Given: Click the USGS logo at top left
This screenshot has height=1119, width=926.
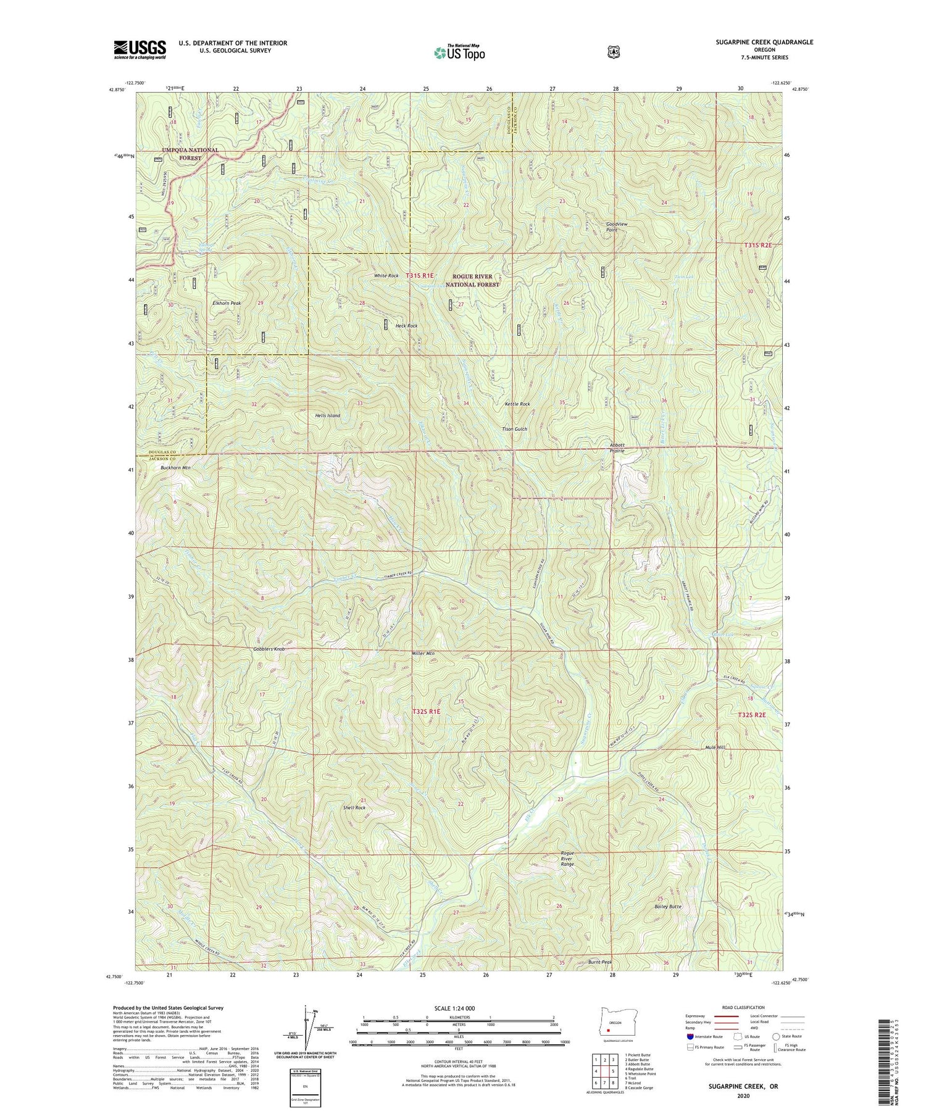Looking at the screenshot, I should point(140,49).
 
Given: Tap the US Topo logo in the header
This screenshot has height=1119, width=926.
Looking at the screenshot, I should point(459,52).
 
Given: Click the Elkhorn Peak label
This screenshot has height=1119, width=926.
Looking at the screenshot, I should point(227,303).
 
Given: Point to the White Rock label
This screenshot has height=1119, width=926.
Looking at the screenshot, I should point(386,275).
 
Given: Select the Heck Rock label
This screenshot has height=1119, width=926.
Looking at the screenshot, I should point(406,325).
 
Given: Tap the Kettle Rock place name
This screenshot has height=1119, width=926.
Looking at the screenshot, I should point(517,404).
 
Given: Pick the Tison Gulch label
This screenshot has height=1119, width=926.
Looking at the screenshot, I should point(514,428).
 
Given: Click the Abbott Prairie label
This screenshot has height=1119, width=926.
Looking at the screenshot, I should point(617,447).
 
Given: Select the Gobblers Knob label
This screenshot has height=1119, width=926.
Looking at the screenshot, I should point(269,649).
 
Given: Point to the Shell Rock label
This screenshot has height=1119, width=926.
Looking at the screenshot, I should point(354,807).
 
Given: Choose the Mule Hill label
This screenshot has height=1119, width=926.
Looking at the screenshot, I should point(715,747).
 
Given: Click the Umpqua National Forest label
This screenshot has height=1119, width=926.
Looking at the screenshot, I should point(190,154).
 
